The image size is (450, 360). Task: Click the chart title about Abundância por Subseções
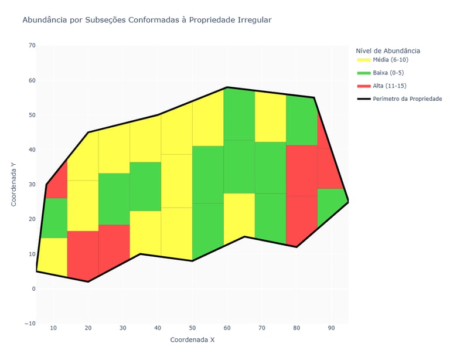(x=146, y=20)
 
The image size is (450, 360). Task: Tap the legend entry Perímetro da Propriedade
(x=407, y=99)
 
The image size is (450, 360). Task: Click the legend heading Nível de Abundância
(x=388, y=51)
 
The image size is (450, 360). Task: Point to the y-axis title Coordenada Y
(x=14, y=184)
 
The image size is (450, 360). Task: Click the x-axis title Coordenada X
(x=193, y=339)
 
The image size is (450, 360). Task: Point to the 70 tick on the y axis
(x=31, y=45)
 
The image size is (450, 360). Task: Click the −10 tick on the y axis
(x=29, y=323)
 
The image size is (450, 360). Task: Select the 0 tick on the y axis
(x=33, y=288)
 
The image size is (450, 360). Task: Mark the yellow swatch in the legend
(x=364, y=60)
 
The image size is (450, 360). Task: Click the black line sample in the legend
(x=364, y=99)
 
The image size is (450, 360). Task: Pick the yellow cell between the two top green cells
(x=270, y=117)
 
